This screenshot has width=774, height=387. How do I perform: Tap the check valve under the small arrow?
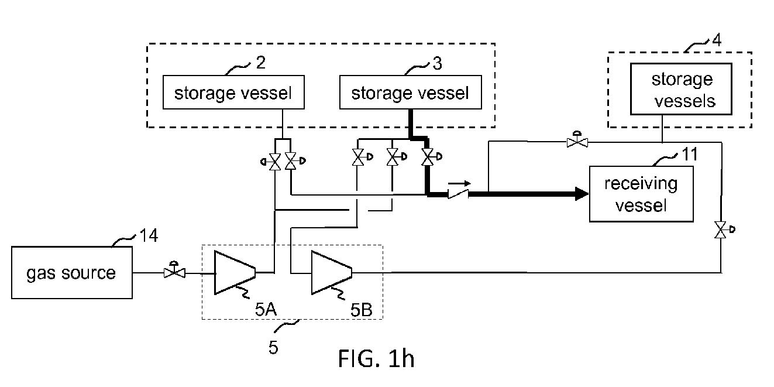459,194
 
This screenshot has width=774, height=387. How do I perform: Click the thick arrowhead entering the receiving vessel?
582,194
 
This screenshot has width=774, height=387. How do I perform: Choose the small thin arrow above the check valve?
460,183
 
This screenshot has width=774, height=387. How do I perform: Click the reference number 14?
149,235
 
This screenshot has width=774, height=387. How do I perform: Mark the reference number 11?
690,154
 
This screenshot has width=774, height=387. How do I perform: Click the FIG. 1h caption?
376,359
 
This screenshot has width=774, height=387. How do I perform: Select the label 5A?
266,309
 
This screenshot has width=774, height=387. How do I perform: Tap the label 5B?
362,310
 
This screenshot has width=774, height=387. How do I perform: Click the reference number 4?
717,40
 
